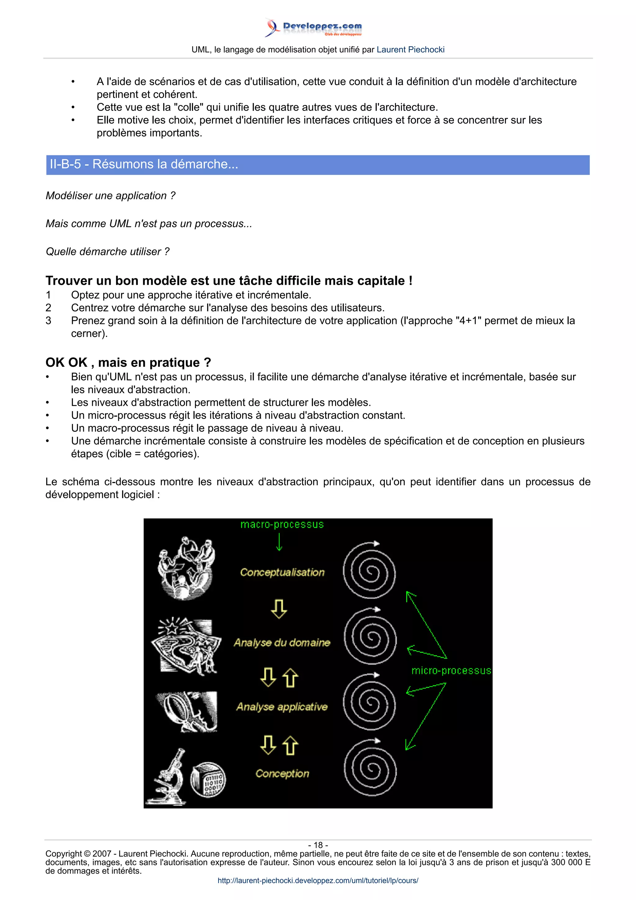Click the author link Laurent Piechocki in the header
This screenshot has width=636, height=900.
pyautogui.click(x=410, y=50)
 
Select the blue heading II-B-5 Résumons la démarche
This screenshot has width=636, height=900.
pyautogui.click(x=144, y=164)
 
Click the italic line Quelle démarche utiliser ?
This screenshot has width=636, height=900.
pyautogui.click(x=108, y=252)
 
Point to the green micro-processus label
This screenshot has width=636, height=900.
pyautogui.click(x=451, y=671)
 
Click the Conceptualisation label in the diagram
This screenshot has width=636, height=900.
pyautogui.click(x=282, y=572)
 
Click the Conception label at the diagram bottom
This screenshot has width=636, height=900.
pyautogui.click(x=282, y=773)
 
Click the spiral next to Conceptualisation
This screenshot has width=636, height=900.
pyautogui.click(x=369, y=571)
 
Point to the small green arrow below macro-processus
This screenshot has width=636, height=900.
pyautogui.click(x=279, y=543)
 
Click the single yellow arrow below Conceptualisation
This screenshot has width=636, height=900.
pyautogui.click(x=279, y=609)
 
